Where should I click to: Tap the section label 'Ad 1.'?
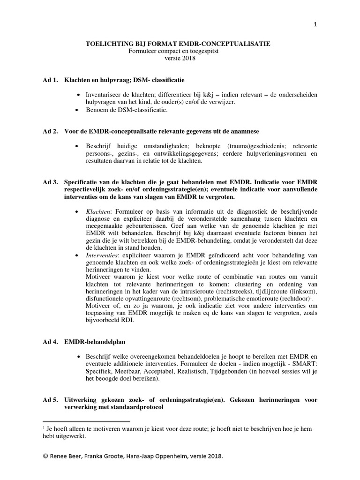[50, 80]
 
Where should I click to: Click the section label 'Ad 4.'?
[50, 342]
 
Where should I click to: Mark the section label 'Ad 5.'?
[50, 400]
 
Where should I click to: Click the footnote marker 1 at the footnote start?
[44, 427]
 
